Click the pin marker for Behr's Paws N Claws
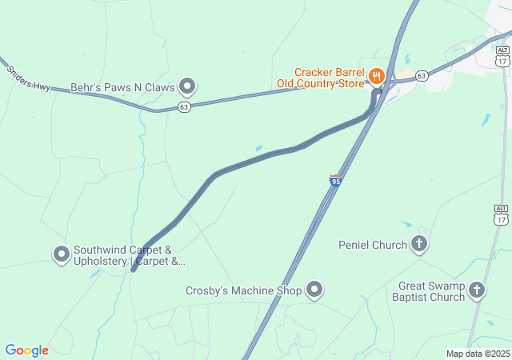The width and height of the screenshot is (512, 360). (x=187, y=85)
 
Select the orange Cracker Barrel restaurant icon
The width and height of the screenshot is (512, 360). (x=377, y=77)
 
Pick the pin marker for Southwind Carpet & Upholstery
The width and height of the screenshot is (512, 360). (x=61, y=254)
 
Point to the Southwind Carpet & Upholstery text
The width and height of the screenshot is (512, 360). (x=128, y=255)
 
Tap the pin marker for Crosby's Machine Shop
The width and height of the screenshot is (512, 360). (x=315, y=290)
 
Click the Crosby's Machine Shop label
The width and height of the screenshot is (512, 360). (x=244, y=291)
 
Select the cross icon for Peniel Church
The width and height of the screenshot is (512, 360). (x=419, y=244)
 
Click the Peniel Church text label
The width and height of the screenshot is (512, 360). (x=373, y=245)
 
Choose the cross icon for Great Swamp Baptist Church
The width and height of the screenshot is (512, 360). (x=477, y=290)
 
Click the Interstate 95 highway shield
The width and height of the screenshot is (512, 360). (x=336, y=181)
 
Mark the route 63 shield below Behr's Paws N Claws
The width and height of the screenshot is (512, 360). (x=185, y=106)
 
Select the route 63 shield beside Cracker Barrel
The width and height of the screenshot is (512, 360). (x=422, y=76)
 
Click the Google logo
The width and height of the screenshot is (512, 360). (x=26, y=350)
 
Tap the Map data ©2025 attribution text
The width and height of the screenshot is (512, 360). (x=478, y=354)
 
